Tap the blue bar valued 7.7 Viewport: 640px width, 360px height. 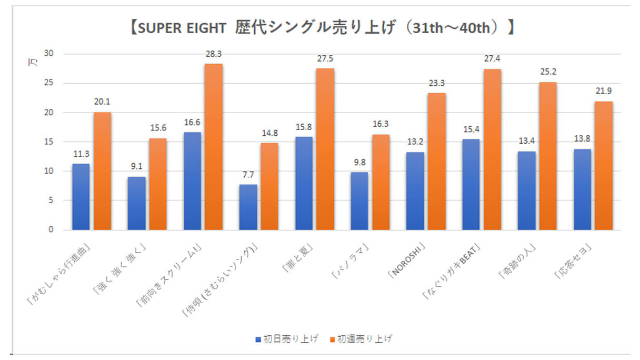pos(248,207)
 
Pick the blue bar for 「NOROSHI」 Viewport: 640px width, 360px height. pos(415,191)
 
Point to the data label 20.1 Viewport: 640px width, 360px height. pos(102,102)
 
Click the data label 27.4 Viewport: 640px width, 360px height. pos(493,58)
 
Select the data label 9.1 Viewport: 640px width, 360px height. pos(137,166)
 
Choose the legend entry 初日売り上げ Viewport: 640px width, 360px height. pos(287,338)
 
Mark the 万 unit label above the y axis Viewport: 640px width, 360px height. pos(31,63)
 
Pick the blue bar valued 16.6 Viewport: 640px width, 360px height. pos(192,181)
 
